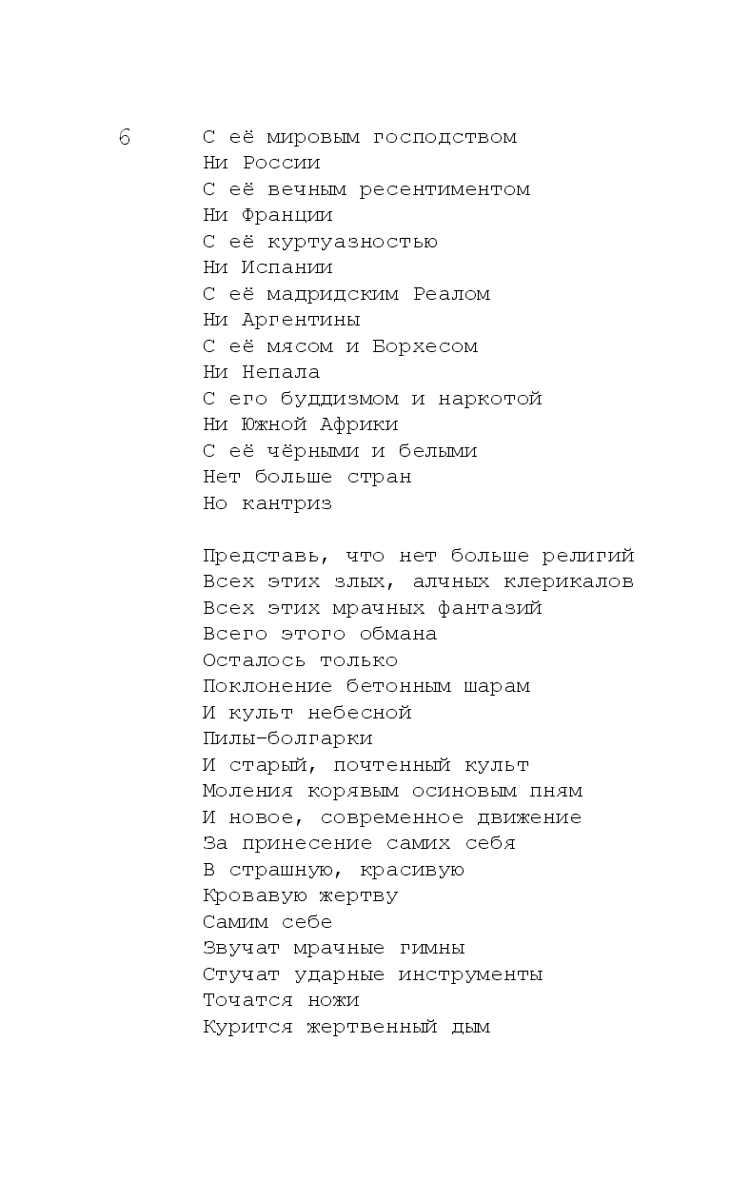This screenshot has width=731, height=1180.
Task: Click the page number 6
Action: point(125,137)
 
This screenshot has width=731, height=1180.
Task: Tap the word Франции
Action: point(287,215)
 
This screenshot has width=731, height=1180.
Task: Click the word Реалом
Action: point(451,294)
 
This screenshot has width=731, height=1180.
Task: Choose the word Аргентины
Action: point(301,320)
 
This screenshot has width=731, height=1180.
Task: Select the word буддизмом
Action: point(340,399)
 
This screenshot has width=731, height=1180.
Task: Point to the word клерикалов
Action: point(569,581)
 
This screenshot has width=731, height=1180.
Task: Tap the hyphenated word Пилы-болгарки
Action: point(287,738)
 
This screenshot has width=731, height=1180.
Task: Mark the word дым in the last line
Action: point(470,1027)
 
